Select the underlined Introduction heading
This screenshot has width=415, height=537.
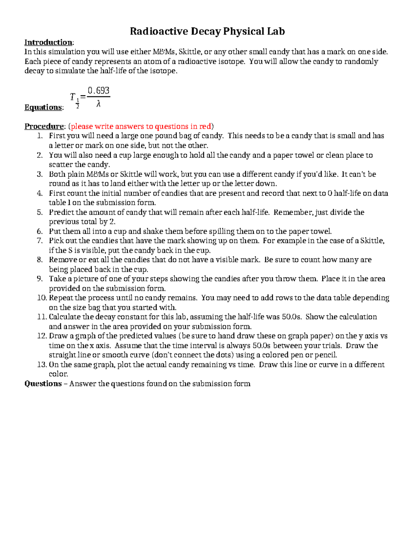pyautogui.click(x=48, y=43)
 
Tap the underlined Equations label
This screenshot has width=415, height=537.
pyautogui.click(x=43, y=108)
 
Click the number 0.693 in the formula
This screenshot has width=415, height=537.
pyautogui.click(x=99, y=91)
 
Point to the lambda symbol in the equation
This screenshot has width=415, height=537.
pyautogui.click(x=99, y=104)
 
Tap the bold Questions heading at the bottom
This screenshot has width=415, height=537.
pyautogui.click(x=43, y=383)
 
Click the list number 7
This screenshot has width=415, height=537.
pyautogui.click(x=40, y=241)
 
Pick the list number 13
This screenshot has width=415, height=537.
pyautogui.click(x=41, y=364)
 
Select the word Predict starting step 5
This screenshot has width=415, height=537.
pyautogui.click(x=61, y=212)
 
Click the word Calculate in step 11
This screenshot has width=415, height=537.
pyautogui.click(x=65, y=317)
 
